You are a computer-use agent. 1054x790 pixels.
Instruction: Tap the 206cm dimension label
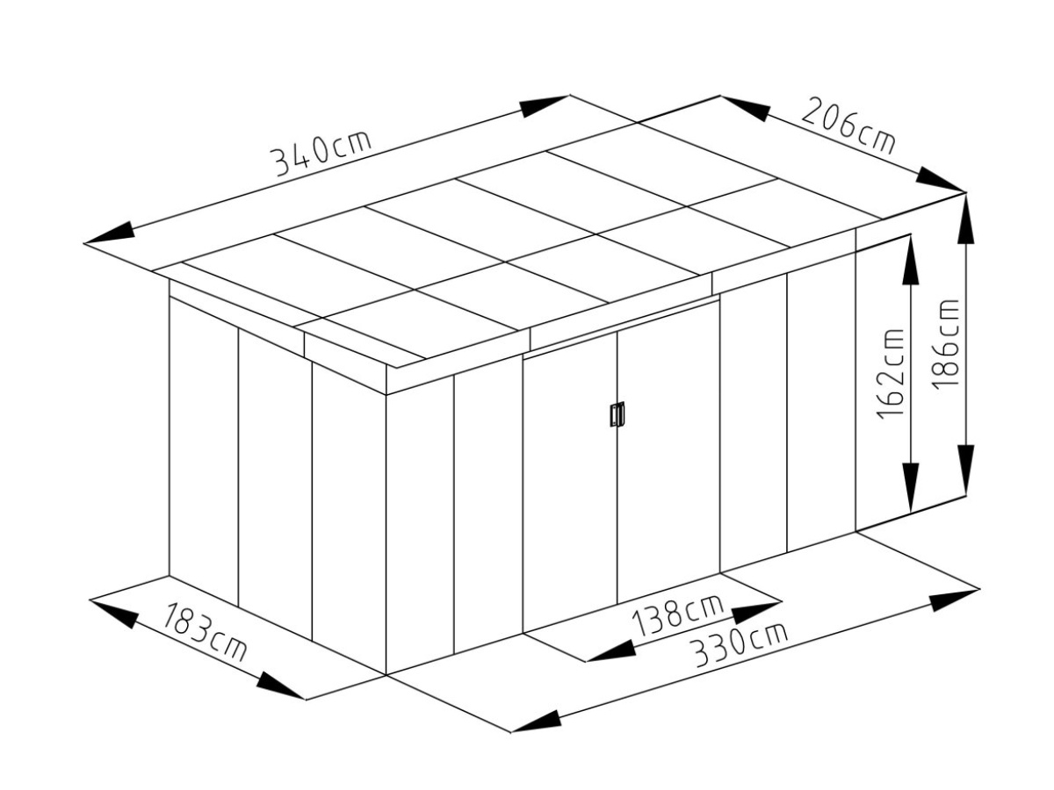[x=848, y=127]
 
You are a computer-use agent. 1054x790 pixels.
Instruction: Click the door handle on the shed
[x=617, y=414]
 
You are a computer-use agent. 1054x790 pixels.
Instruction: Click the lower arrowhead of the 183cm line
[x=280, y=687]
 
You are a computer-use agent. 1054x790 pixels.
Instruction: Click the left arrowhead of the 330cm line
[x=535, y=720]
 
